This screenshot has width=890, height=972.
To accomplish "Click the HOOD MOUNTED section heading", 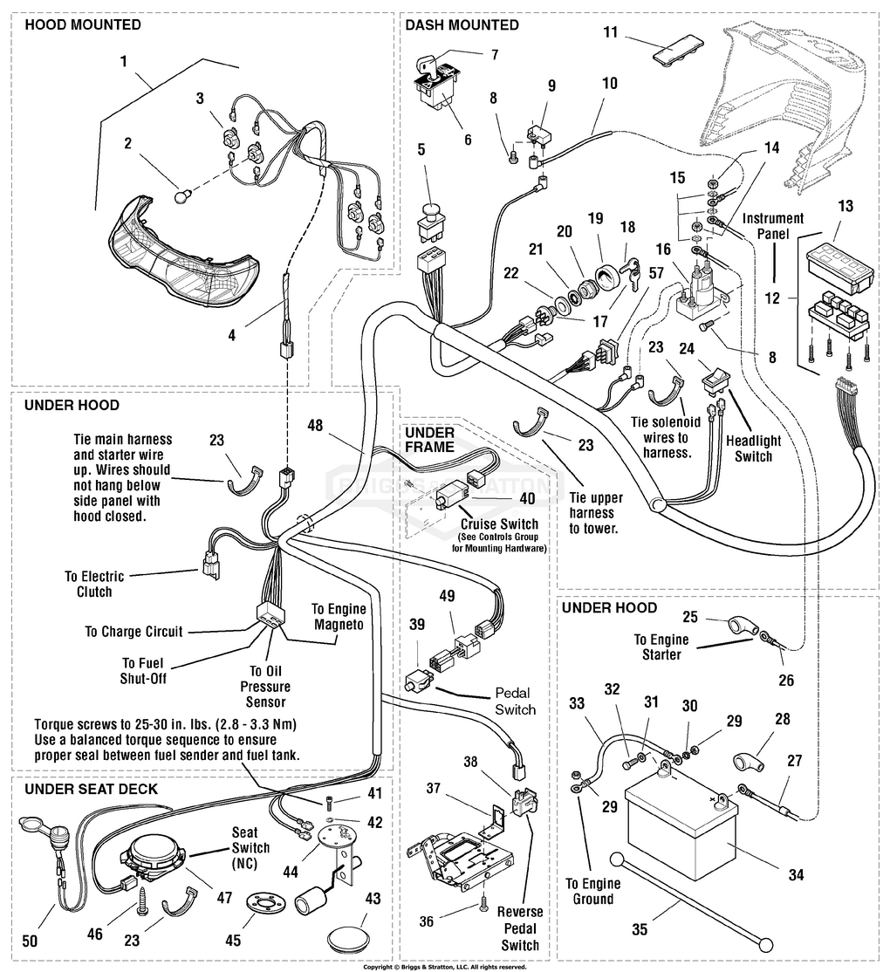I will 82,25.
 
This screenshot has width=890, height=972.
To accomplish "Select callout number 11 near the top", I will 610,32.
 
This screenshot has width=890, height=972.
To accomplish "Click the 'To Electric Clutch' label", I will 94,584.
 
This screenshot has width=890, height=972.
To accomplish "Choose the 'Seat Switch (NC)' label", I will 250,847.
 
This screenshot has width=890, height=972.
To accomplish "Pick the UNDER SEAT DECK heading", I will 91,790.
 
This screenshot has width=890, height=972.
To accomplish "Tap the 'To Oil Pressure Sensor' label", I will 264,686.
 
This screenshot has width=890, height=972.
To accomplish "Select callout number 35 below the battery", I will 640,930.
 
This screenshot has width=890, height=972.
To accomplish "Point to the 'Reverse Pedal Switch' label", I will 520,928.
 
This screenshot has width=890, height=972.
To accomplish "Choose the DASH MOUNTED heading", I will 462,25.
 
